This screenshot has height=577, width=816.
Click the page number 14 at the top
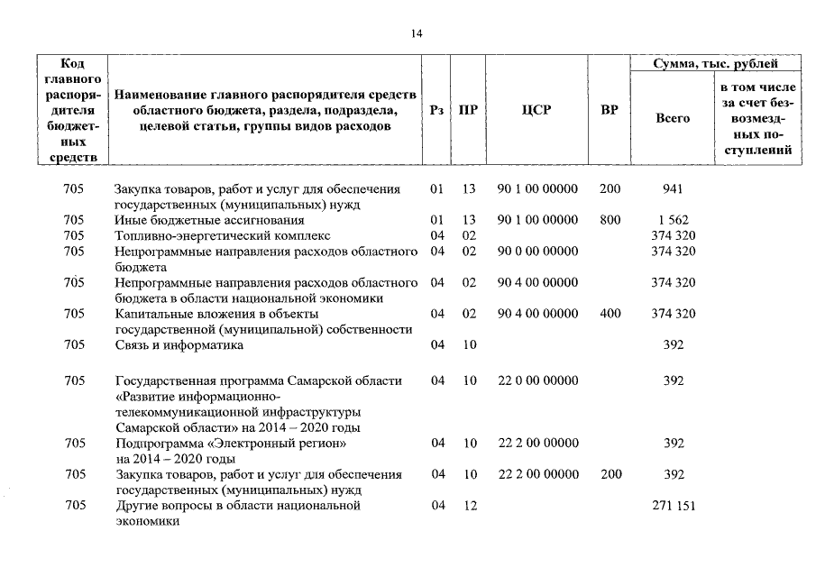click(x=416, y=34)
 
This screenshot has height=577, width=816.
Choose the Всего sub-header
click(x=673, y=118)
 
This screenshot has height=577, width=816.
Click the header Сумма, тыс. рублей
click(x=715, y=64)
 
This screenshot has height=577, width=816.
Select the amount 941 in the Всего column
click(x=673, y=189)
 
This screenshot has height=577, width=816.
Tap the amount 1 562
click(x=673, y=220)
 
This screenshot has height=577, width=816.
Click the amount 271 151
click(x=673, y=507)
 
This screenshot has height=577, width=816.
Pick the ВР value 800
click(x=610, y=220)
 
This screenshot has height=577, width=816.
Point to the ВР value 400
click(x=610, y=314)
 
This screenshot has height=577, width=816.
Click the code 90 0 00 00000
click(x=537, y=252)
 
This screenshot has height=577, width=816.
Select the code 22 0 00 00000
click(x=537, y=381)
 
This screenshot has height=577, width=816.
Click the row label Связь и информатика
click(x=179, y=345)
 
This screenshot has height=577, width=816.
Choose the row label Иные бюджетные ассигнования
click(x=209, y=220)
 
